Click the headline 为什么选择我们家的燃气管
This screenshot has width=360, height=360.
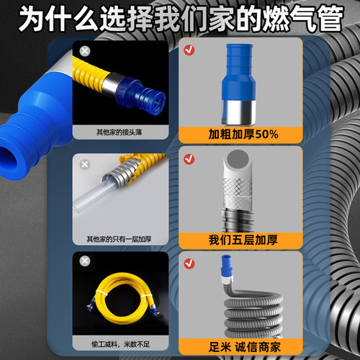click(180, 19)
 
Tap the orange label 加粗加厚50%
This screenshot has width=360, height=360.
click(223, 134)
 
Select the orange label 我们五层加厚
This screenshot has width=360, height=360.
click(223, 239)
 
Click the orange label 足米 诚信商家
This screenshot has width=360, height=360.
click(223, 344)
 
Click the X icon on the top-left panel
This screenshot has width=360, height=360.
click(86, 51)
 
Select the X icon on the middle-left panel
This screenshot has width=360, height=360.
click(86, 164)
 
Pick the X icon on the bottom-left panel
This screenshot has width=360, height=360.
click(86, 261)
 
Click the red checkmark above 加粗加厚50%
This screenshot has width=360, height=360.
click(188, 51)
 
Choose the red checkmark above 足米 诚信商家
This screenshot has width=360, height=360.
click(188, 261)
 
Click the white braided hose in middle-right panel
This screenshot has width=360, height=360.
click(231, 180)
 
